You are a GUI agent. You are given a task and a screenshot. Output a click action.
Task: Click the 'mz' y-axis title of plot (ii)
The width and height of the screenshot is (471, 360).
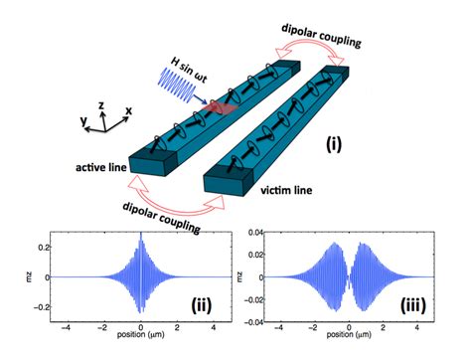pyautogui.click(x=9, y=275)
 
